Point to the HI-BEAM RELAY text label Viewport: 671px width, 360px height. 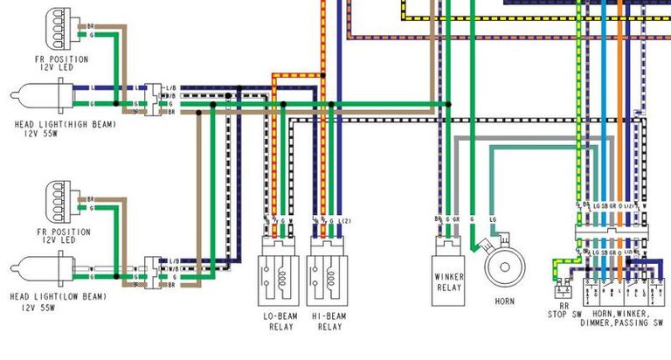pyautogui.click(x=329, y=321)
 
